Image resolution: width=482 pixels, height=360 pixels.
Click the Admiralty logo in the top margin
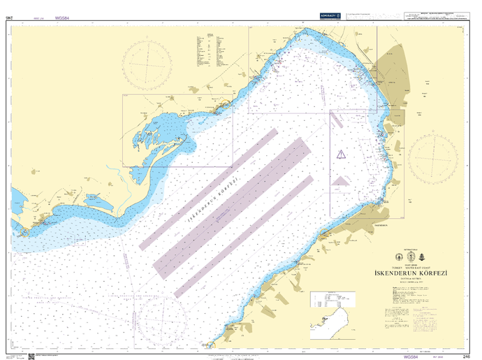click(329, 14)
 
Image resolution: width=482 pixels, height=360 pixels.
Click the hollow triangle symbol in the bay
click(340, 154)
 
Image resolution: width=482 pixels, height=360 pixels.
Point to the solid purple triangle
click(340, 181)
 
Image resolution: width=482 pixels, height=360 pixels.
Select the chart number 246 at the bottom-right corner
click(466, 356)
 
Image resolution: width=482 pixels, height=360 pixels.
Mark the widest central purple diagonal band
click(231, 206)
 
